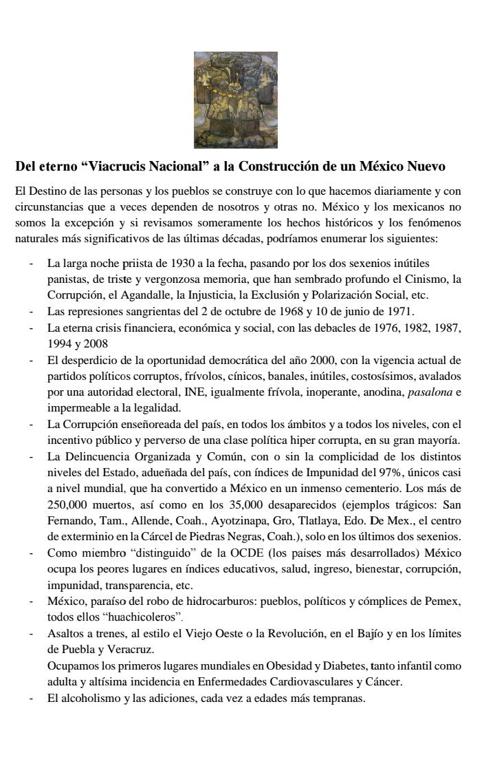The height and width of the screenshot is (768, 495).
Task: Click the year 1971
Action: tap(399, 311)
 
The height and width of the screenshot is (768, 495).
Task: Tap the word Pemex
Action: tap(443, 601)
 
